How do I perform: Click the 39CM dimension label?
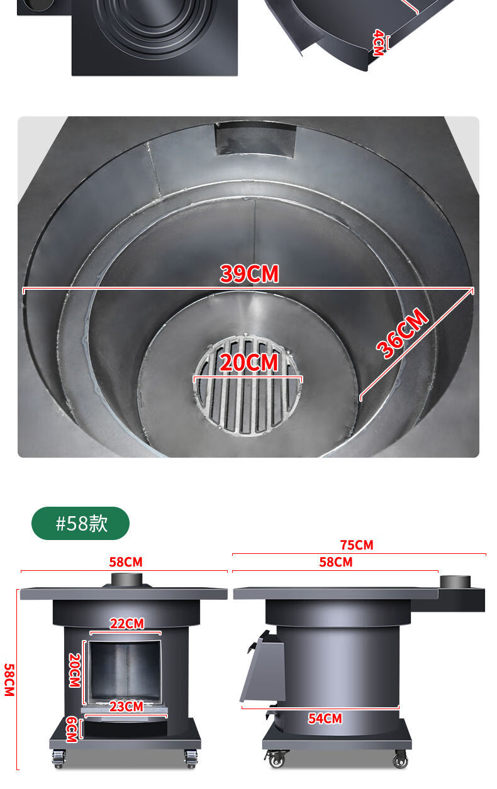click(249, 273)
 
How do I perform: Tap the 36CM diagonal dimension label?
click(402, 333)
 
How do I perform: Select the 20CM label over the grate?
click(248, 363)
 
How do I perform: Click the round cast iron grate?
click(247, 385)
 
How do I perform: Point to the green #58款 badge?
click(81, 523)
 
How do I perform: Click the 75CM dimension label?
click(357, 545)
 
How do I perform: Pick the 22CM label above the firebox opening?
click(127, 624)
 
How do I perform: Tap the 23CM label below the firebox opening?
click(126, 707)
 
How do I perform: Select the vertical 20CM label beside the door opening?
click(75, 670)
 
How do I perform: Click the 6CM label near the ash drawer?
click(72, 729)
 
